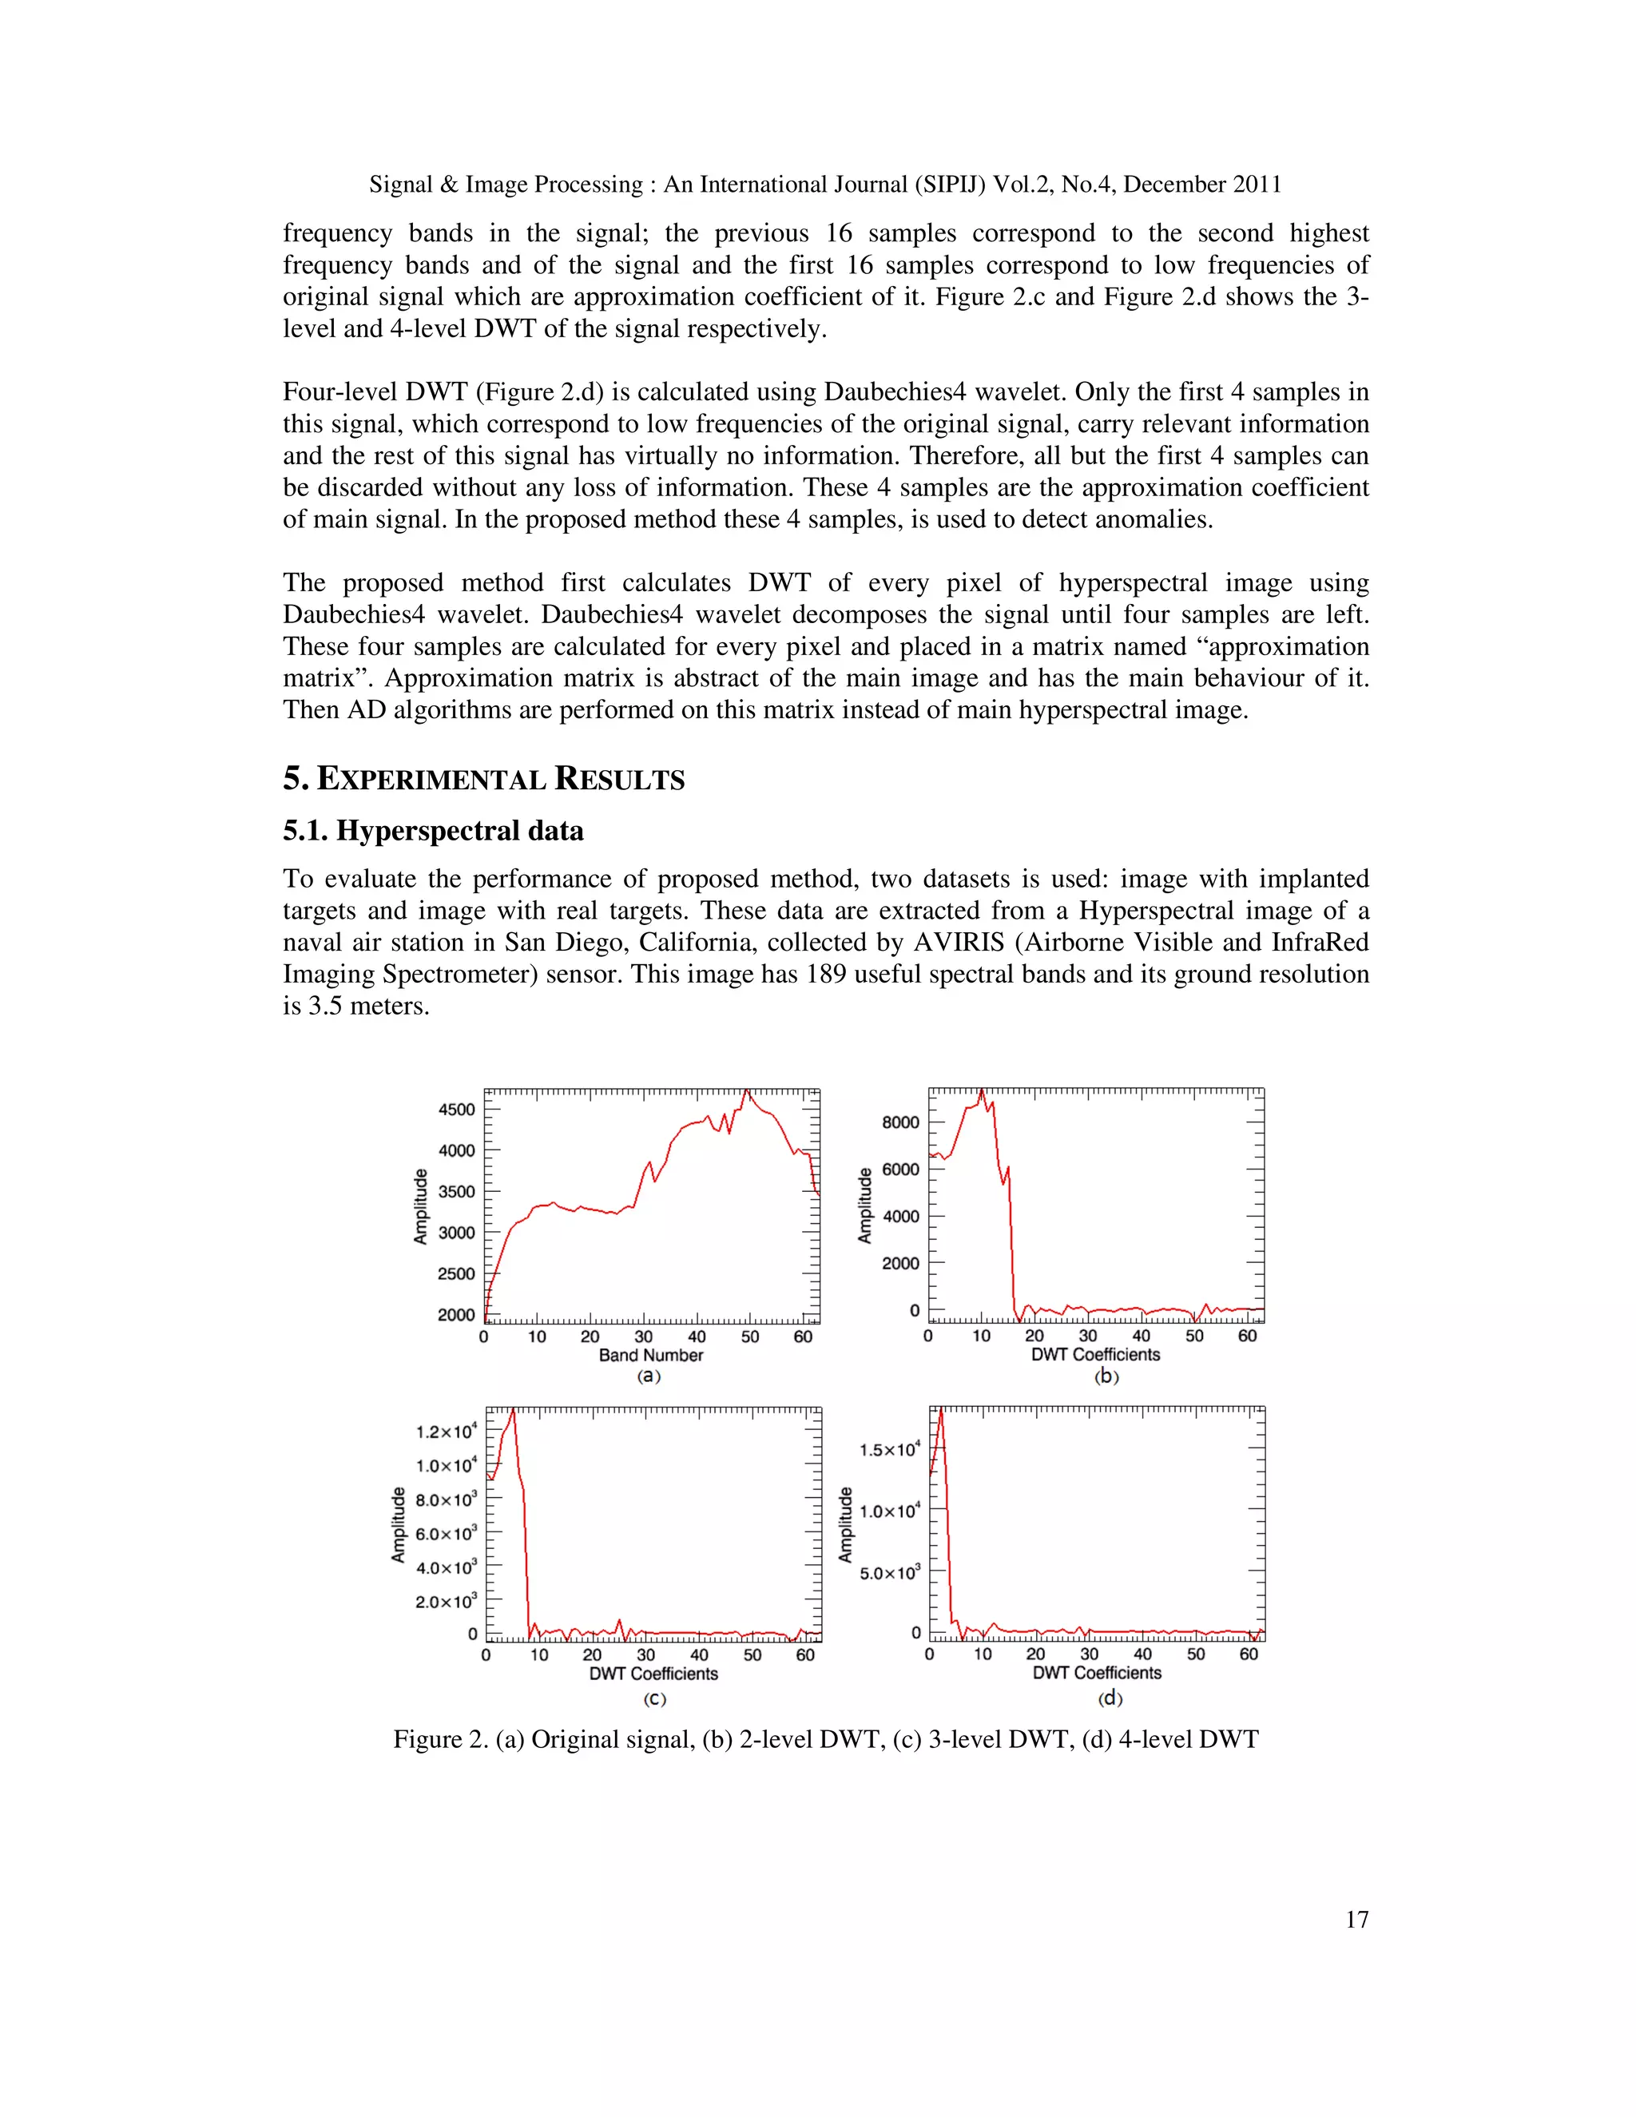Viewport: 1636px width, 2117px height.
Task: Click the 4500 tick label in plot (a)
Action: coord(455,1109)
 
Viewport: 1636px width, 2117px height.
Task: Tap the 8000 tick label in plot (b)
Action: coord(900,1122)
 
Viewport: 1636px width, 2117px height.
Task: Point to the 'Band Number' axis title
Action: coord(650,1355)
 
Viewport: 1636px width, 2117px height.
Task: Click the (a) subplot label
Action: coord(649,1376)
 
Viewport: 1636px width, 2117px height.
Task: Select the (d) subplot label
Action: coord(1110,1698)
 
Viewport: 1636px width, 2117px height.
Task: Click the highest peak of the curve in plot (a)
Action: coord(746,1090)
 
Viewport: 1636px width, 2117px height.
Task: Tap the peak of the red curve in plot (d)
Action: coord(941,1409)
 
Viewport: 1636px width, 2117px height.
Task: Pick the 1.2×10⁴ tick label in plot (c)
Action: coord(446,1432)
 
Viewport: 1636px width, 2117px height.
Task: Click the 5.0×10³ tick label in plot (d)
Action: coord(889,1572)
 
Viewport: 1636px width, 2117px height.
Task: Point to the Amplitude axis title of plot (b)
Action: coord(864,1205)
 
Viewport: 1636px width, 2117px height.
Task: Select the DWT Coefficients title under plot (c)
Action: coord(653,1674)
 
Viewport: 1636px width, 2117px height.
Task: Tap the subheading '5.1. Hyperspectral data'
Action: coord(433,831)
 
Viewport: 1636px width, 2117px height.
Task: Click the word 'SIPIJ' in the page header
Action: coord(949,185)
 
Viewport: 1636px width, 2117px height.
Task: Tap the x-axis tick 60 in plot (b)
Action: coord(1247,1336)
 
